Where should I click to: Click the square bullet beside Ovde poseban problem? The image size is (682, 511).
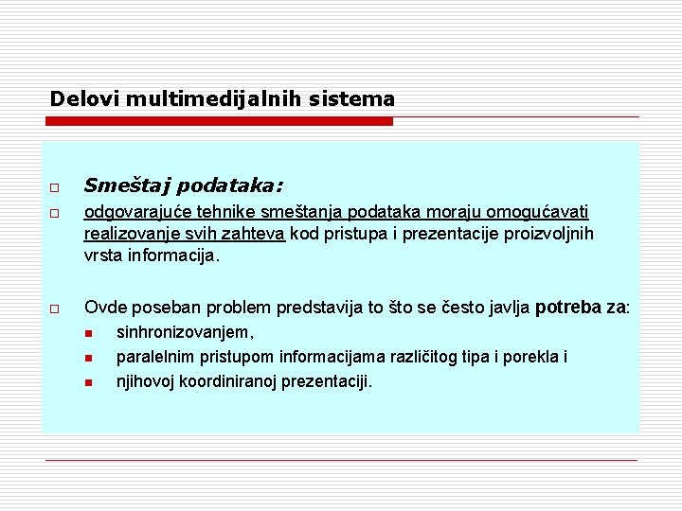coord(57,308)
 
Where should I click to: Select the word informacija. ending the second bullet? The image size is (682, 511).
coord(178,255)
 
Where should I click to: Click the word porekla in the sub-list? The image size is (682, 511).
coord(532,357)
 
